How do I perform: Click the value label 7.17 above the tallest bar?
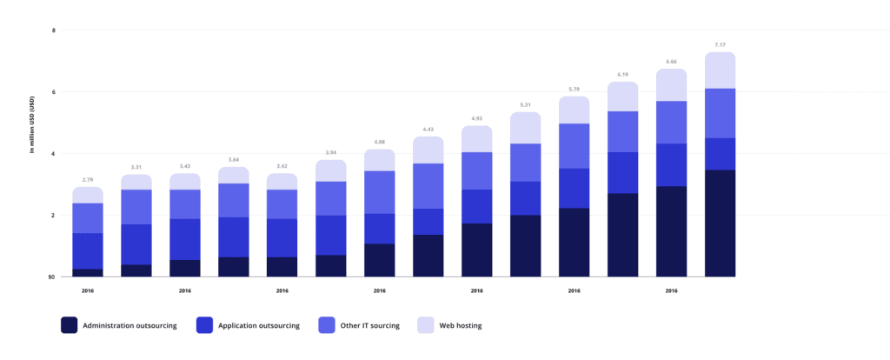721,43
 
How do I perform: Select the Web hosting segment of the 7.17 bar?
721,70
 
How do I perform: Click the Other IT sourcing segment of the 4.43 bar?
428,186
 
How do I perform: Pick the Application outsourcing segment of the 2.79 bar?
88,250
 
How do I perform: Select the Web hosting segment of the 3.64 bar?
234,175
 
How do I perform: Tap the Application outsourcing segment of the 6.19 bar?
623,172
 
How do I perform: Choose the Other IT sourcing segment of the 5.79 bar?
575,145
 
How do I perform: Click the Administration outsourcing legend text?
130,326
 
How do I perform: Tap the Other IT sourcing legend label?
369,326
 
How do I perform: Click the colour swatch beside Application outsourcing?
207,326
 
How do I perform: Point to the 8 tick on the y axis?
54,30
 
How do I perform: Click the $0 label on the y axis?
52,277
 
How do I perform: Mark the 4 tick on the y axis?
54,154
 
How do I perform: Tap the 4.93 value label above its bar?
477,117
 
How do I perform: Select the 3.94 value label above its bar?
331,151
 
